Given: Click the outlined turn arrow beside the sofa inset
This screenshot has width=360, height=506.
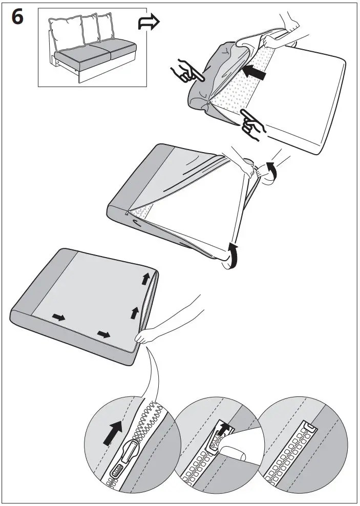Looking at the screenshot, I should [x=149, y=22].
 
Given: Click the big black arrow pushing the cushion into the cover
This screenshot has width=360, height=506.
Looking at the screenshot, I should [x=254, y=74].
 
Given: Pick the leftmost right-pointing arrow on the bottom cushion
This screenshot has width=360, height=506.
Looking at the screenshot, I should [x=58, y=318].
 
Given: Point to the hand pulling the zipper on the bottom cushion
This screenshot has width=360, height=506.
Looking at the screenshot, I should [x=145, y=336].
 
